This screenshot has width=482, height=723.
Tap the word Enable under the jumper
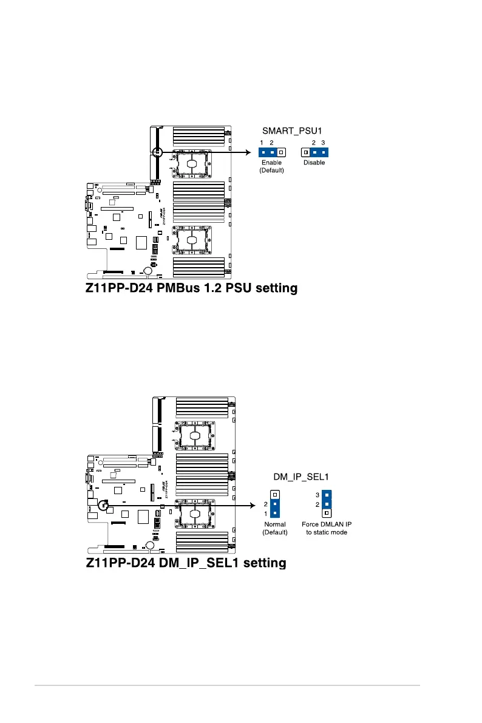tap(271, 163)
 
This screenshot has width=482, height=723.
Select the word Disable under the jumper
tap(314, 163)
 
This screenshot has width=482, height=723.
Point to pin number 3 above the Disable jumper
tap(324, 142)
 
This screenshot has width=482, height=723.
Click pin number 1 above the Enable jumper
tap(262, 142)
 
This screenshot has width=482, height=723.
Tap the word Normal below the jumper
tap(274, 524)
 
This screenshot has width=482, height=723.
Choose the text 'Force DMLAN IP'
tap(326, 524)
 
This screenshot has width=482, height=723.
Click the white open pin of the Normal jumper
tap(274, 495)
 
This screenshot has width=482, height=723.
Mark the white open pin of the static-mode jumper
tap(327, 513)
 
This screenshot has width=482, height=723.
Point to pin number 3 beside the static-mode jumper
tap(317, 495)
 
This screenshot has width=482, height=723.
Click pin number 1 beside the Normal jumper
tap(265, 513)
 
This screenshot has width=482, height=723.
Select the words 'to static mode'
tap(326, 532)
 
